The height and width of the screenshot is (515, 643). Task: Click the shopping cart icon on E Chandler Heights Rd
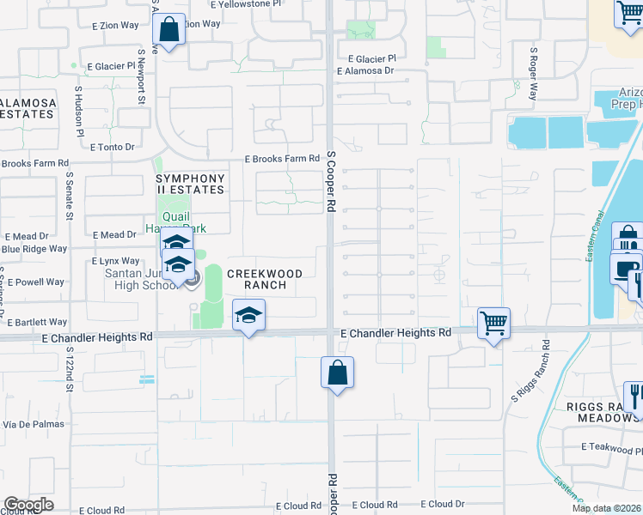tap(493, 324)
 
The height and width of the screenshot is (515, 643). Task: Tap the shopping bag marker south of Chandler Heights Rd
tap(337, 373)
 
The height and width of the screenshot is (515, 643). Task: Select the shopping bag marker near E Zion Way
tap(169, 30)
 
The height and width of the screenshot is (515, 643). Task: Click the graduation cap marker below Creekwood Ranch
tap(248, 315)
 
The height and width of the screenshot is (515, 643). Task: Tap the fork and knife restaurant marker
tap(634, 396)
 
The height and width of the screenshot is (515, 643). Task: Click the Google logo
tap(28, 505)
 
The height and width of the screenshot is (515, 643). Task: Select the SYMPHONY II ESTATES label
tap(190, 185)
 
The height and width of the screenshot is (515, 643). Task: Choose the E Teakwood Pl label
tap(611, 447)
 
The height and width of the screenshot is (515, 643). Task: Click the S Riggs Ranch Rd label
tap(530, 372)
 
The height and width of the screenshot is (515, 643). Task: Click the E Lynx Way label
tap(116, 261)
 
